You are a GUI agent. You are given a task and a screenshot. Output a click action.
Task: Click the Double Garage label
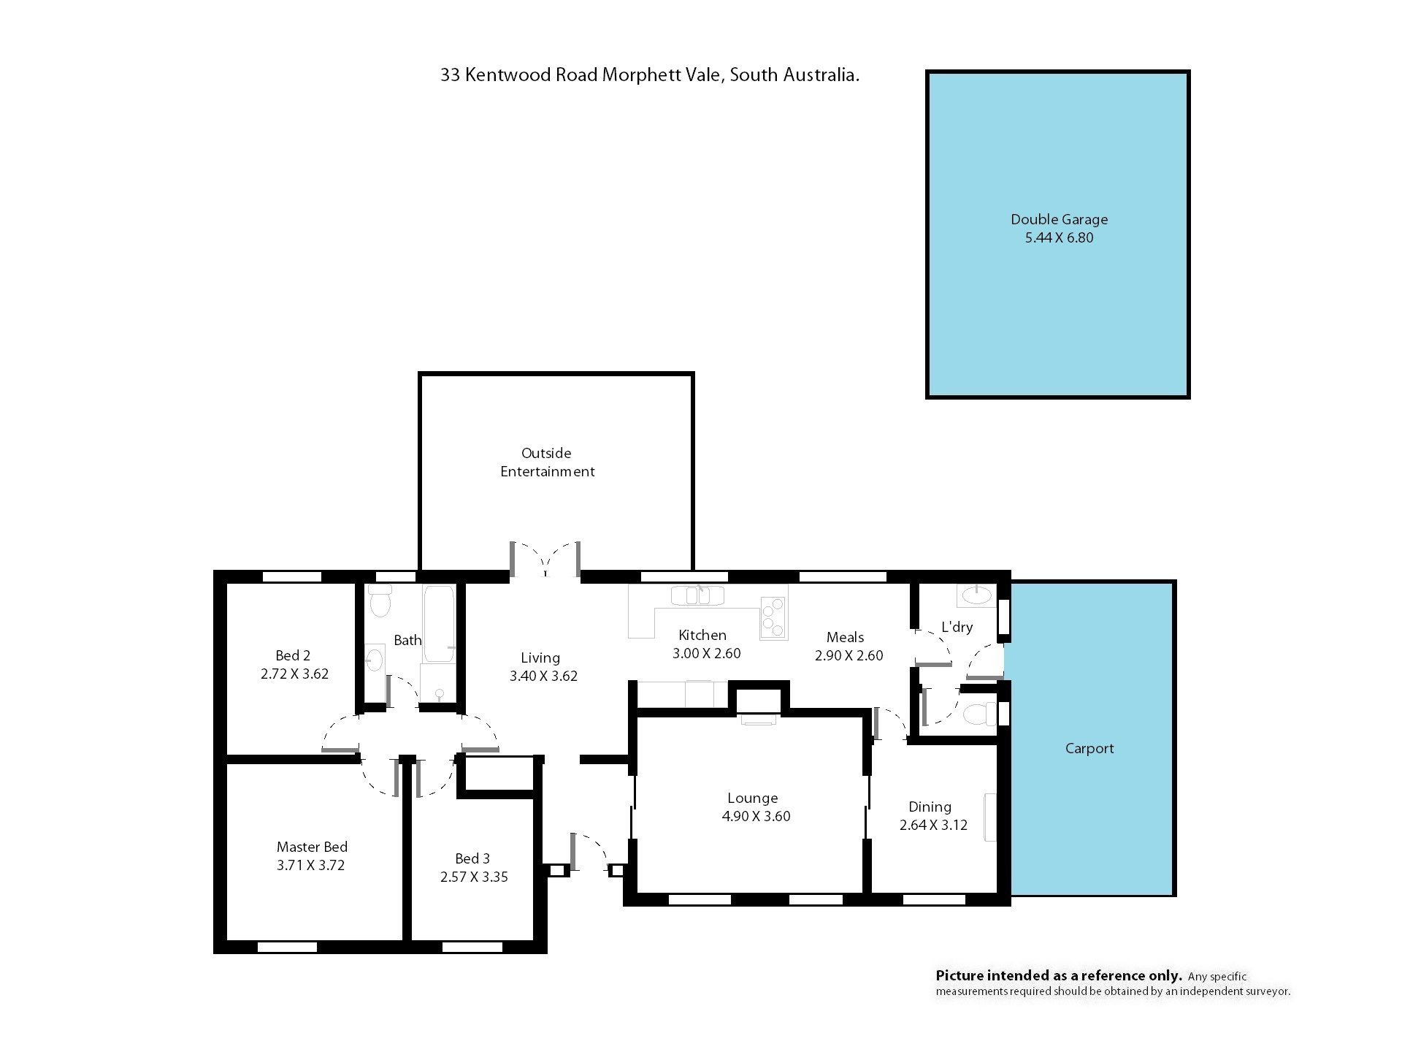click(1059, 219)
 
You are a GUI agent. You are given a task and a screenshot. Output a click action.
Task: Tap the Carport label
click(1089, 749)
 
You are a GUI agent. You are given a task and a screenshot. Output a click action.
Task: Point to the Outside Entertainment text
click(547, 462)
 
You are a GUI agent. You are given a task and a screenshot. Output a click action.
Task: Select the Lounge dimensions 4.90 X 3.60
click(756, 817)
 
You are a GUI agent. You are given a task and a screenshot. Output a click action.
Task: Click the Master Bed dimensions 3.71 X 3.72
click(310, 866)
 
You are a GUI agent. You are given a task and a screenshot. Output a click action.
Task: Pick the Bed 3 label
click(472, 858)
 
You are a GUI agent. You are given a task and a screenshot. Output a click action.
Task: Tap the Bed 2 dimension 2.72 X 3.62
click(294, 674)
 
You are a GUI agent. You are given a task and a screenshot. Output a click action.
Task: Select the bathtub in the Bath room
click(438, 623)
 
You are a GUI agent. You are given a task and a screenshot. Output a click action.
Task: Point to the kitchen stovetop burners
click(773, 617)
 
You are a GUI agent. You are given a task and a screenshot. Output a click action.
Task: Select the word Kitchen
click(702, 636)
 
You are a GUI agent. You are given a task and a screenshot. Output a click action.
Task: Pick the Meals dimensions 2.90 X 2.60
click(849, 656)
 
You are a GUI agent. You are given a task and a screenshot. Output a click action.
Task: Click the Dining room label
click(930, 807)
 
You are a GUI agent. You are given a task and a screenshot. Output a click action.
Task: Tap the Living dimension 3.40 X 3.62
click(543, 676)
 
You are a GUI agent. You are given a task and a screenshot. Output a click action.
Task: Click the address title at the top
click(649, 75)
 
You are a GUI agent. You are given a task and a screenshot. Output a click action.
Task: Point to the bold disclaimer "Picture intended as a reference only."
click(1059, 976)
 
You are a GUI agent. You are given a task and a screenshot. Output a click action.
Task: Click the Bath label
click(407, 641)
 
